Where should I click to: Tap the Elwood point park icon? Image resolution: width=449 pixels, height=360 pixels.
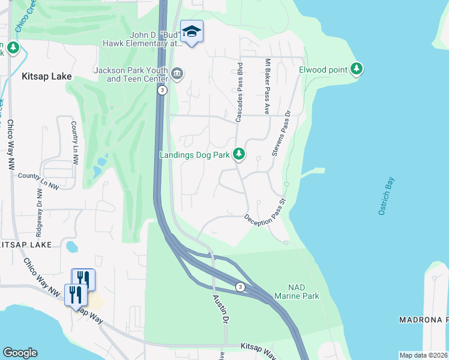(x=357, y=70)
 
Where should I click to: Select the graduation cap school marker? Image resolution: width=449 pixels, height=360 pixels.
(x=191, y=31)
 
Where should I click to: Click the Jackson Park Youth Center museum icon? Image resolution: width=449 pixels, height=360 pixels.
(x=177, y=74)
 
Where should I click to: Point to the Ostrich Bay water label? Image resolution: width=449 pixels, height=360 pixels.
(x=386, y=197)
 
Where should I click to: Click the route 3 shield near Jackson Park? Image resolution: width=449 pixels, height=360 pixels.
(x=162, y=90)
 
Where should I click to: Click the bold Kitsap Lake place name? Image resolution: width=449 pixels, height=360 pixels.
(x=46, y=77)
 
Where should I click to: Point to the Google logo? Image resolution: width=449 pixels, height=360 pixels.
(x=20, y=353)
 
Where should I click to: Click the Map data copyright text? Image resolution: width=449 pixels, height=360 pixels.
(x=424, y=355)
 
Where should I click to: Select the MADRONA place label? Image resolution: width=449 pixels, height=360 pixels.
(x=423, y=320)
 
